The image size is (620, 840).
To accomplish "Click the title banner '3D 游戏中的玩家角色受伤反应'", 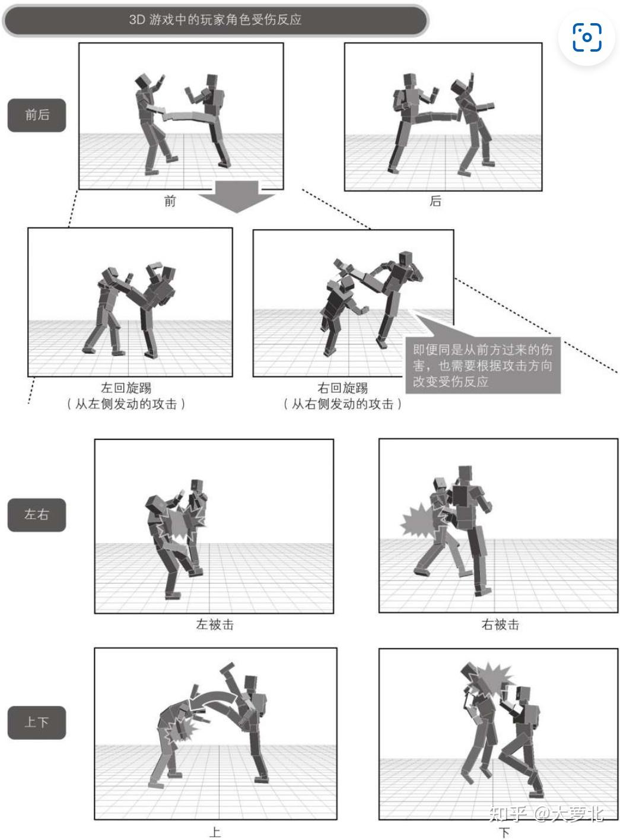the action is [215, 20].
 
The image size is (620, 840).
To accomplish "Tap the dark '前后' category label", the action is [37, 115].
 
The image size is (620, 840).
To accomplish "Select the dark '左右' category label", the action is [37, 515].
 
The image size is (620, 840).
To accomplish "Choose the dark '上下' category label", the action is [37, 722].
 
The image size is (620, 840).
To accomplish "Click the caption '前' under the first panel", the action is [170, 201].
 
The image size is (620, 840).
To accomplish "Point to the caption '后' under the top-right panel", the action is [435, 201].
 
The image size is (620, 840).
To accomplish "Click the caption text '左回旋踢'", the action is [126, 388].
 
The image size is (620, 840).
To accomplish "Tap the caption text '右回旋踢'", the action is [342, 388].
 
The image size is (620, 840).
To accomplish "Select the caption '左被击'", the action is [215, 625].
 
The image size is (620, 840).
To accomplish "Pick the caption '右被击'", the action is [500, 625].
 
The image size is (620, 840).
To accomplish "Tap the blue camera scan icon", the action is [587, 37].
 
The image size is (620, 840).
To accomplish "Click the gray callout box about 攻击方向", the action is [483, 365].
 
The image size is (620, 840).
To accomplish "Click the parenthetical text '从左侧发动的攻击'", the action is [126, 404].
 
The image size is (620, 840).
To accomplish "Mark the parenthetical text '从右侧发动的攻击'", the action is [342, 404].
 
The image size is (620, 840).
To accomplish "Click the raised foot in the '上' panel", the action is [227, 668].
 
